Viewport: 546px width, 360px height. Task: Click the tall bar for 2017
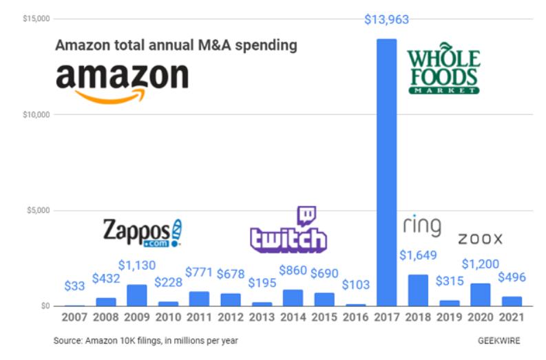coord(386,172)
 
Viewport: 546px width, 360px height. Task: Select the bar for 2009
coord(137,295)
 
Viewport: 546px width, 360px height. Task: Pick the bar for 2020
coord(481,295)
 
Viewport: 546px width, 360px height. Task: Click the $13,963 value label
coord(386,20)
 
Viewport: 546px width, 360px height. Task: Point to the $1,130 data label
coord(137,265)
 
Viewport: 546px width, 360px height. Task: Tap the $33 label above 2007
coord(75,286)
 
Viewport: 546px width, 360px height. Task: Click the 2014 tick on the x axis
coord(293,318)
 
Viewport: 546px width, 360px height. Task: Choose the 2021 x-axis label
coord(512,318)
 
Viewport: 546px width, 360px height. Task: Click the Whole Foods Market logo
coord(443,70)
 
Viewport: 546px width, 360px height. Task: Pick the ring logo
coord(421,226)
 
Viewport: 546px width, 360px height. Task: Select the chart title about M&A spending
coord(176,45)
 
